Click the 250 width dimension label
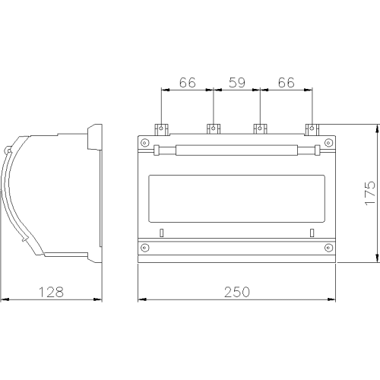click(237, 292)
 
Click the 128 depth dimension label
click(51, 292)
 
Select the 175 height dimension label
click(370, 193)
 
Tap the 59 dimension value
click(237, 83)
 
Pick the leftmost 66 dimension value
click(188, 83)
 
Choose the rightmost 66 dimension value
click(287, 83)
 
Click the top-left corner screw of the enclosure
click(144, 143)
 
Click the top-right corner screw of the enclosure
click(328, 143)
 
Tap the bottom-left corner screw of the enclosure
click(144, 247)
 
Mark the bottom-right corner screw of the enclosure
click(329, 247)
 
